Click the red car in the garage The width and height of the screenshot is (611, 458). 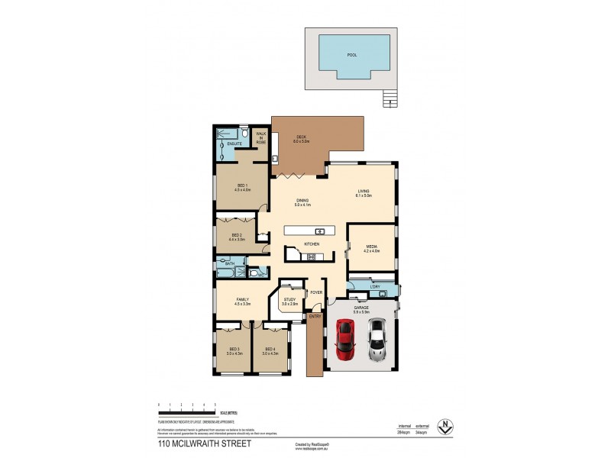click(x=345, y=340)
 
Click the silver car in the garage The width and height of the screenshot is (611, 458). click(x=377, y=340)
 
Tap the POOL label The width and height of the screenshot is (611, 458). click(x=351, y=55)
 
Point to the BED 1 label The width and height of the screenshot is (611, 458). click(x=242, y=188)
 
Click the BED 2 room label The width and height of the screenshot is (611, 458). click(x=235, y=237)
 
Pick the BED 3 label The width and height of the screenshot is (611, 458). click(x=234, y=350)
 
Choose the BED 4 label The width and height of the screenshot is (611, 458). click(x=269, y=350)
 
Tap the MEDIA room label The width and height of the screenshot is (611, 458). click(x=372, y=248)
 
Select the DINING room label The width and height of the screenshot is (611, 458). click(x=302, y=202)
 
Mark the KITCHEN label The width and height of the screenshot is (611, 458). click(x=312, y=244)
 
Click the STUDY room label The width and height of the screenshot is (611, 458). click(x=289, y=302)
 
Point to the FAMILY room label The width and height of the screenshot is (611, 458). click(x=242, y=302)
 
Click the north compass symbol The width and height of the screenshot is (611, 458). click(x=441, y=429)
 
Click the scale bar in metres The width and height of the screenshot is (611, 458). click(x=187, y=408)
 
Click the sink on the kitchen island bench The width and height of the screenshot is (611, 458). click(x=321, y=231)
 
